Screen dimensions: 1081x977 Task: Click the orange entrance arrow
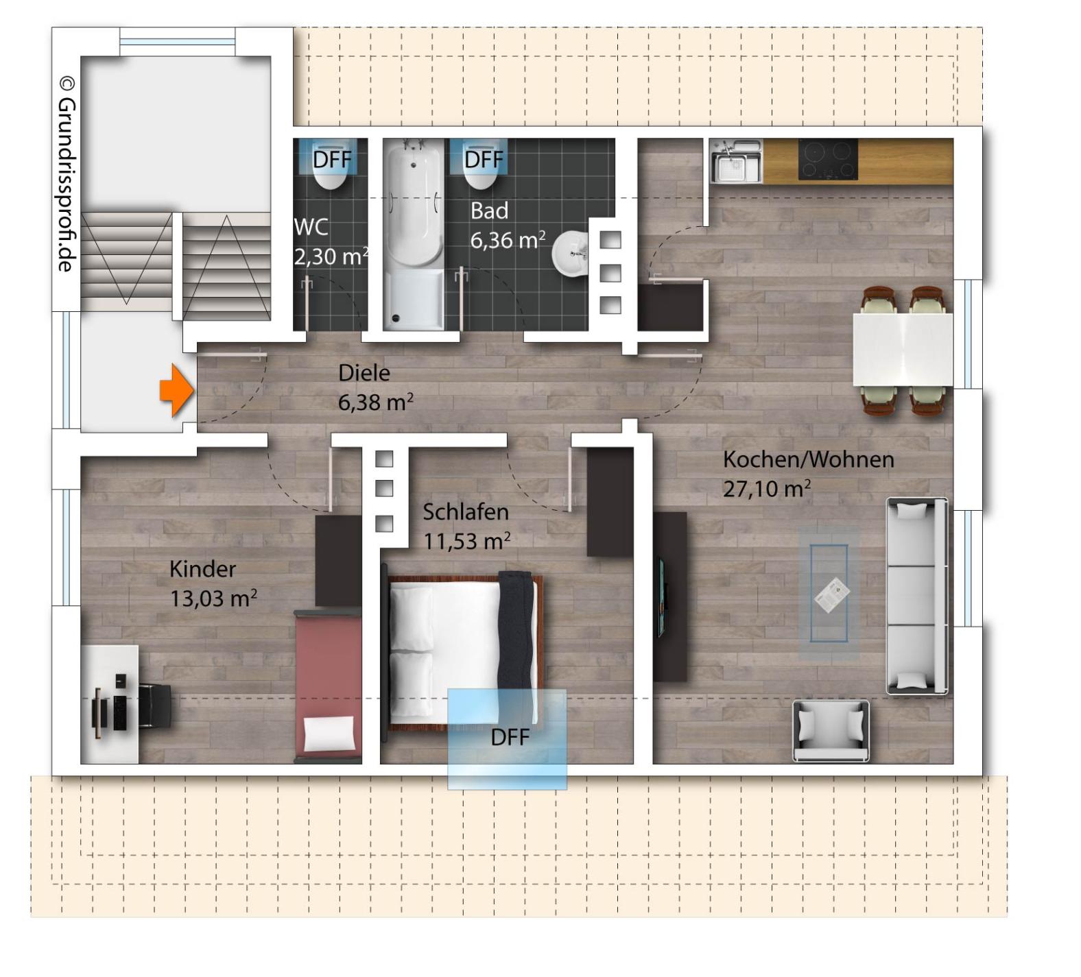pos(177,390)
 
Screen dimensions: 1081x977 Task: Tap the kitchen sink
pos(735,161)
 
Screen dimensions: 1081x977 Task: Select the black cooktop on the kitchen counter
pos(828,160)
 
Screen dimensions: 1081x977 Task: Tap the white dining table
pos(903,349)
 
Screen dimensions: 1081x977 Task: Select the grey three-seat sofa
pos(917,596)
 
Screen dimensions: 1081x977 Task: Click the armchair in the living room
pos(831,731)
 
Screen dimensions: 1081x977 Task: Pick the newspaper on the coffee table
pos(831,594)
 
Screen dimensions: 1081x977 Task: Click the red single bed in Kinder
pos(328,686)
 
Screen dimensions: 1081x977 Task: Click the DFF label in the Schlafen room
pos(510,738)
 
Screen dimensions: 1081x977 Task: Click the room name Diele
pos(364,373)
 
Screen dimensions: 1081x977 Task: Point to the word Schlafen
pos(466,512)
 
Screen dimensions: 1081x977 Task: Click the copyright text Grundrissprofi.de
pos(67,174)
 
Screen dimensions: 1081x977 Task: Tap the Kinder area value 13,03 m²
pos(213,599)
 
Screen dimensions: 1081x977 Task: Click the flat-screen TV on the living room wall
pos(662,596)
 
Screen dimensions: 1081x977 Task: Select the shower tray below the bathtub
pos(413,300)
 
